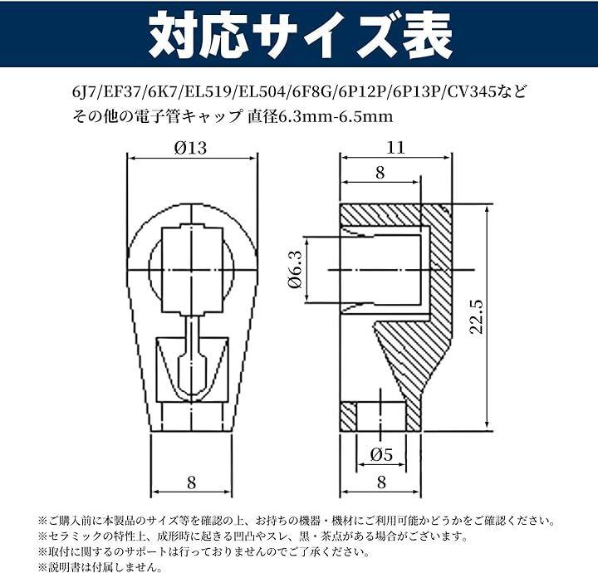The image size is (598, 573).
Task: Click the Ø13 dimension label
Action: (x=190, y=148)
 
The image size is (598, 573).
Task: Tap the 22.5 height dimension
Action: (x=477, y=317)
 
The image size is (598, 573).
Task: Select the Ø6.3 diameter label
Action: (x=296, y=269)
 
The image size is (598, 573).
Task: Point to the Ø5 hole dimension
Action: (x=381, y=454)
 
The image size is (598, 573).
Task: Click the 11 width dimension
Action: (x=395, y=148)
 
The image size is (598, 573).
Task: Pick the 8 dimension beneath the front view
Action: (x=192, y=483)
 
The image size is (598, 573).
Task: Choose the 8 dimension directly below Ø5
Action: (x=381, y=482)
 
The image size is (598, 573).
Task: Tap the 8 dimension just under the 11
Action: (x=380, y=173)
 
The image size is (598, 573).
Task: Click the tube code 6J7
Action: (x=82, y=92)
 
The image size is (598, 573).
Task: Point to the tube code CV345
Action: (x=468, y=92)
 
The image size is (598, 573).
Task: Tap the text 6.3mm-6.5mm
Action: (x=336, y=116)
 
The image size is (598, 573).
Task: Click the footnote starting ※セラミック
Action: (x=252, y=536)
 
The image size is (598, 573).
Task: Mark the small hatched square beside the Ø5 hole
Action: (x=348, y=416)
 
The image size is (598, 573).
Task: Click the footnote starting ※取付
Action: (x=203, y=551)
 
